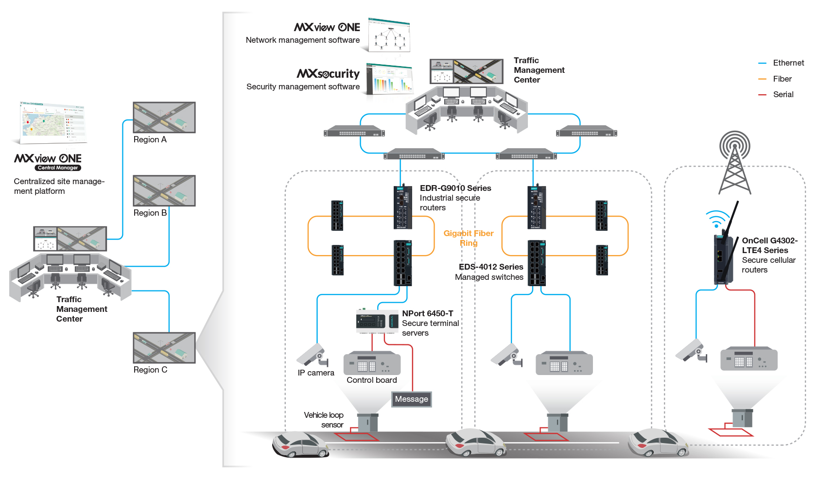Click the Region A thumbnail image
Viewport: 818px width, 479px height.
point(164,117)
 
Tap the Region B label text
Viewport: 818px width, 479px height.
point(150,213)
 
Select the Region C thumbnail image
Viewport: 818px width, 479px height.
point(164,347)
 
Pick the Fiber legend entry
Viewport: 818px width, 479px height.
point(782,79)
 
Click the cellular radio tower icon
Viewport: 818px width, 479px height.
point(734,163)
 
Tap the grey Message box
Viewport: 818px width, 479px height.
point(412,399)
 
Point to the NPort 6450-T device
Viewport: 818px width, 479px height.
point(377,322)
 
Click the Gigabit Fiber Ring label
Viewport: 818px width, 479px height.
point(468,238)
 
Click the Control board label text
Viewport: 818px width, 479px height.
point(371,380)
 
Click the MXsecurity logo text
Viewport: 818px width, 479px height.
point(328,73)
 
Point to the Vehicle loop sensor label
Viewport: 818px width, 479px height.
point(324,420)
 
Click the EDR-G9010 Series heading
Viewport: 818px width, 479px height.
point(455,188)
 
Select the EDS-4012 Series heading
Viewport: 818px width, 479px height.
point(491,267)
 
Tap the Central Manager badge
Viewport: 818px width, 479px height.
point(58,168)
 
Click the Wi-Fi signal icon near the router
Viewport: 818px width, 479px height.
point(716,219)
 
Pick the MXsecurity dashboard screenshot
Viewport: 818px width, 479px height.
point(389,79)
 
